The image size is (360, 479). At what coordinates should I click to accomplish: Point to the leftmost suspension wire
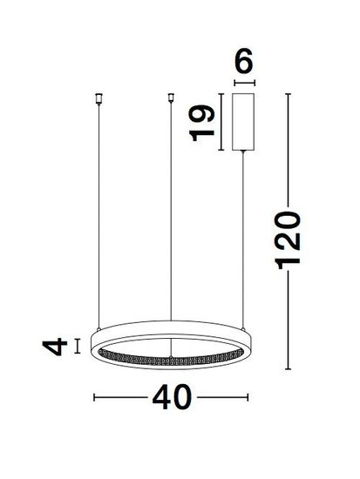pos(98,218)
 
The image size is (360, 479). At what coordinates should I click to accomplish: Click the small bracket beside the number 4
pos(78,346)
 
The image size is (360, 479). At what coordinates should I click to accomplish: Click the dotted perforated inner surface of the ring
pos(170,357)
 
